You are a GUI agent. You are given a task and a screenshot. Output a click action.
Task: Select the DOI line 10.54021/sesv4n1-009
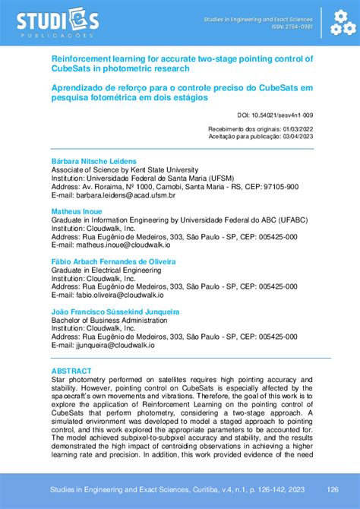[275, 115]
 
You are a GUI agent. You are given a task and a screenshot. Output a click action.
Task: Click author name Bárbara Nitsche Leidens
[93, 162]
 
